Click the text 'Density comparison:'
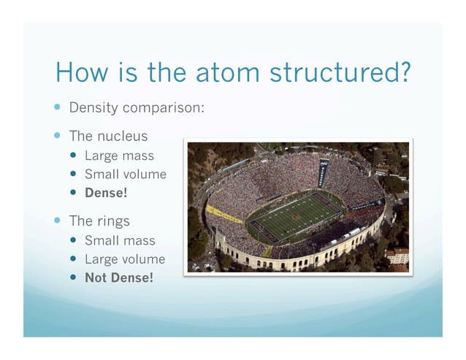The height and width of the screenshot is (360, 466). tap(136, 108)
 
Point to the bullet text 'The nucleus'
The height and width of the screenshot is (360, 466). tap(108, 137)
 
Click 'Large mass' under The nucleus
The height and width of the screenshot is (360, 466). tap(119, 156)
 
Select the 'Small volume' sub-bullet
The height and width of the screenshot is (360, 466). tap(125, 175)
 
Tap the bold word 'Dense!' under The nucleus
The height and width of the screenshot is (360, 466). tap(104, 194)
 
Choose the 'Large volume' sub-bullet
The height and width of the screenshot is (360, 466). tap(125, 259)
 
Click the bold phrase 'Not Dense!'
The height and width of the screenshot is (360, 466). tap(119, 278)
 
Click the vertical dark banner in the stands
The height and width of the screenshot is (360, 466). tap(322, 175)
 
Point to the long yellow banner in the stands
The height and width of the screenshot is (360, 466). tap(224, 215)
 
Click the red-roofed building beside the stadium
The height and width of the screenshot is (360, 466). tap(398, 256)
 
